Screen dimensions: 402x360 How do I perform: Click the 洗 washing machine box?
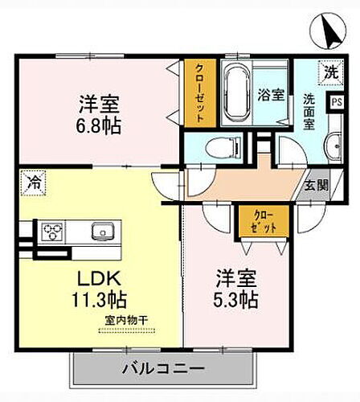point(331,72)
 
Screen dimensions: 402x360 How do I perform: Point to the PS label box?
point(337,102)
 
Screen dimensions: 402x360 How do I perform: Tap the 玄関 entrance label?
point(316,184)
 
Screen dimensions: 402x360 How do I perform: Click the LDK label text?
point(98,279)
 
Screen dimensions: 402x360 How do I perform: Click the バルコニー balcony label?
point(162,369)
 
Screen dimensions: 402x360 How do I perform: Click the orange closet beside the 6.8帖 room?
point(198,92)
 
